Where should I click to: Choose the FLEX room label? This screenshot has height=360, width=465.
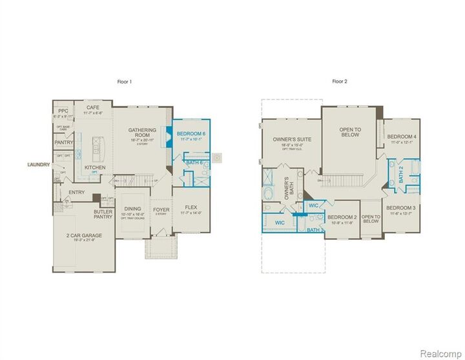[190, 208]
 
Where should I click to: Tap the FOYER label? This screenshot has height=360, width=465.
[161, 210]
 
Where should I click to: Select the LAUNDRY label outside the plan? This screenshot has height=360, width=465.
[38, 165]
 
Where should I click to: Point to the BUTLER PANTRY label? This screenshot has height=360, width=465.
[103, 214]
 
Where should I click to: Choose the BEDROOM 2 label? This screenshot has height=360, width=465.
[342, 217]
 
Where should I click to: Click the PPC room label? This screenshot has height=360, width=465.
[63, 110]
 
